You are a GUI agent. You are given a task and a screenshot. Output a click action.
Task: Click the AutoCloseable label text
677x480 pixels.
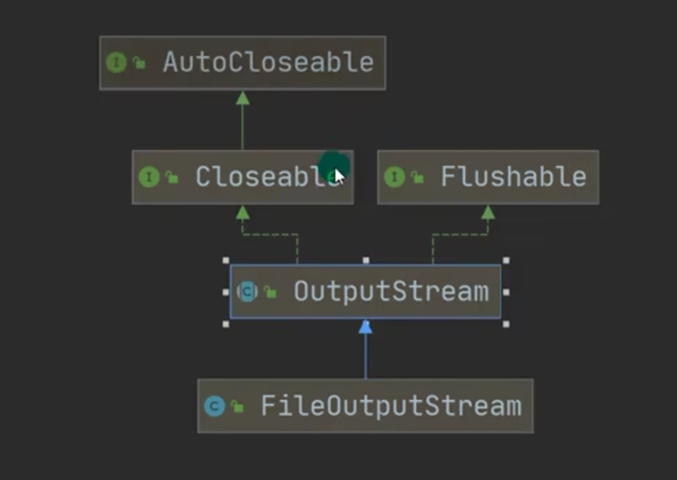click(x=268, y=63)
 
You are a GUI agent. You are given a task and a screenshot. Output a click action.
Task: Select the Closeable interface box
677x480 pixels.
click(x=242, y=176)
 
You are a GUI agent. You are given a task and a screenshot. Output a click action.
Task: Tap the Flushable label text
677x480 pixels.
click(x=513, y=176)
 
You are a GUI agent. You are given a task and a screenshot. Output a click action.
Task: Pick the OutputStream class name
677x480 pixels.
click(x=391, y=291)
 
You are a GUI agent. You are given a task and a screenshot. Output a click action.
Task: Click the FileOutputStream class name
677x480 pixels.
click(x=391, y=406)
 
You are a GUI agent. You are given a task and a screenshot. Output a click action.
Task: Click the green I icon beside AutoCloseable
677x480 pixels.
click(x=116, y=63)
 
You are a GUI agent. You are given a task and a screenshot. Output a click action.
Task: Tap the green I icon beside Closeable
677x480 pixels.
click(x=148, y=176)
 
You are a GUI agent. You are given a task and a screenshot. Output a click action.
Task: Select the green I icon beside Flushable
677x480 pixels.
click(x=394, y=176)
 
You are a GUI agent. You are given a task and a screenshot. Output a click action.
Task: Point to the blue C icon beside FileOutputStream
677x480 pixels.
click(x=214, y=406)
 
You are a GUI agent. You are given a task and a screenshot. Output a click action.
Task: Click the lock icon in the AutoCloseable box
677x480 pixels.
click(x=139, y=64)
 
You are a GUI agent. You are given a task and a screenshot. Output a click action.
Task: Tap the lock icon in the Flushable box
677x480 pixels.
click(x=417, y=177)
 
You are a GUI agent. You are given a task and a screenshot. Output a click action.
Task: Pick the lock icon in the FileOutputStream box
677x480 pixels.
click(x=237, y=407)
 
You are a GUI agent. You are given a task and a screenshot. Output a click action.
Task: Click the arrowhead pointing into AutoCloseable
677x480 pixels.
click(x=242, y=97)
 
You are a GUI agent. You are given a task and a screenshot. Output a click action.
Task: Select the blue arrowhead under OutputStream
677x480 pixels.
click(x=365, y=327)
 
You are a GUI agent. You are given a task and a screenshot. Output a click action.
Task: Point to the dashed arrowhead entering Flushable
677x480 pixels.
click(x=488, y=212)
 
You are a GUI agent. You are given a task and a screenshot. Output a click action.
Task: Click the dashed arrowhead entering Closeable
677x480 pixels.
click(x=242, y=212)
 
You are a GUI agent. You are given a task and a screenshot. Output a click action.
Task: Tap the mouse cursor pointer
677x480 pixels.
click(x=338, y=175)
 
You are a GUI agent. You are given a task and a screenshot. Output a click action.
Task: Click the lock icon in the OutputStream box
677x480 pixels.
click(x=270, y=292)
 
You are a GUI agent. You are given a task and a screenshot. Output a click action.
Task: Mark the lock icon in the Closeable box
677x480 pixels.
click(x=172, y=177)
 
